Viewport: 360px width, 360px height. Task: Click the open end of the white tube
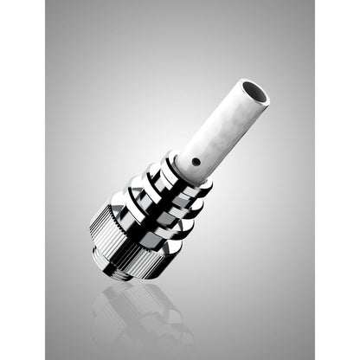(253, 91)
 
